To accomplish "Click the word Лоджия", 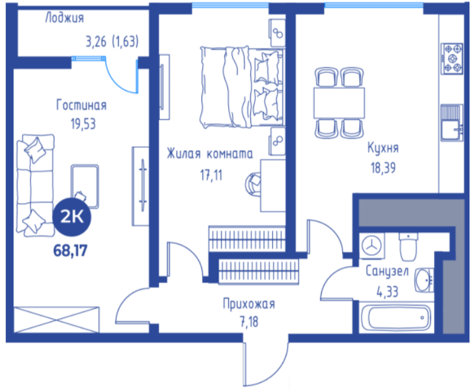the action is click(x=64, y=18).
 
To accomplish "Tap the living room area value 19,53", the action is click(x=83, y=124).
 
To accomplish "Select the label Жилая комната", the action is click(x=210, y=154).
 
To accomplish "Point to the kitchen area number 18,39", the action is click(x=383, y=168).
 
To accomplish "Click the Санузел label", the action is click(x=387, y=271).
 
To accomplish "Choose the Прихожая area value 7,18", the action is click(x=249, y=322).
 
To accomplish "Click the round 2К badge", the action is click(x=72, y=217).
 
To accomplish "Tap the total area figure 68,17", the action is click(x=70, y=250).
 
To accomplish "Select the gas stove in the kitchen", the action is click(x=452, y=58).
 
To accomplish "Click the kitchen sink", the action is click(x=452, y=123).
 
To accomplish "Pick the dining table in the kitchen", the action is click(x=339, y=102).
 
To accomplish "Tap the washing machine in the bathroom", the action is click(x=372, y=246).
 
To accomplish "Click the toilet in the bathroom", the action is click(x=408, y=247).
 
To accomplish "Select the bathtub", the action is click(x=396, y=318).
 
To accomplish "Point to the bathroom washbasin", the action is click(x=425, y=281).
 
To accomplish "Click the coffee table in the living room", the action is click(x=85, y=186).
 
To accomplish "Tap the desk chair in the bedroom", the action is click(x=253, y=184).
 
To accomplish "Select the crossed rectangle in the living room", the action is click(x=56, y=320).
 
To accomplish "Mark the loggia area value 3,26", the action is click(x=96, y=42).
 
